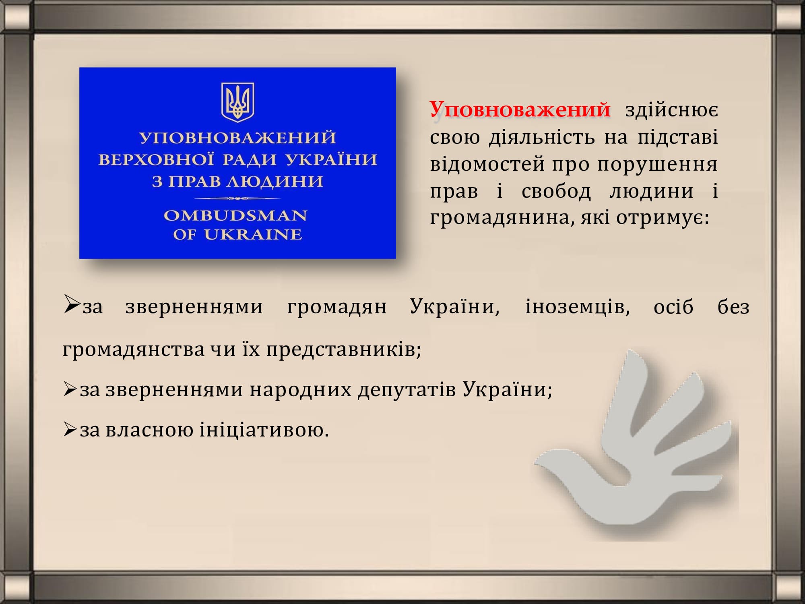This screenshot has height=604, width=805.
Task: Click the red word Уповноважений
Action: click(520, 110)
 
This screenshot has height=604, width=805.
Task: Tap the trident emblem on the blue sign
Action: click(237, 102)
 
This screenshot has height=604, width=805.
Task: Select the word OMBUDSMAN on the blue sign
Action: click(235, 216)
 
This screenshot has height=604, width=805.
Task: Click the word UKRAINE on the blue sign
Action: click(253, 234)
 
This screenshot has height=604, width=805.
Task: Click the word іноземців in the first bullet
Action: click(578, 307)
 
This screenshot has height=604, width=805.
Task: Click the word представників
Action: click(343, 350)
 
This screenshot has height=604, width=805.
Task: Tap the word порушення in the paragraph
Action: click(657, 165)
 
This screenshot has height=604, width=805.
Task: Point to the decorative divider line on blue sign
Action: click(237, 199)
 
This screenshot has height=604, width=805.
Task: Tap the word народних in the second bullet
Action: click(301, 390)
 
